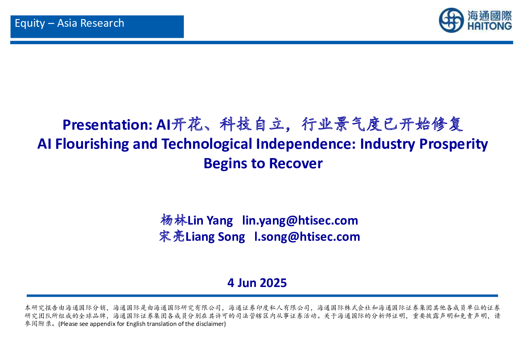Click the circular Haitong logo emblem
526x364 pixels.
[x=451, y=20]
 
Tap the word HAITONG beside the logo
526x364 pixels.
[x=490, y=26]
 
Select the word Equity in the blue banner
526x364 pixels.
[x=30, y=24]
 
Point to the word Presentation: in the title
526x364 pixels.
[x=108, y=125]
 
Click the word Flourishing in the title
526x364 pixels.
[x=92, y=144]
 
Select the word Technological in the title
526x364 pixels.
[x=207, y=144]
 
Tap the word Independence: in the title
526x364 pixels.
[x=306, y=144]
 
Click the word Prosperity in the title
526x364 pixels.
[x=454, y=144]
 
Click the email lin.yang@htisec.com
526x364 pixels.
[x=300, y=221]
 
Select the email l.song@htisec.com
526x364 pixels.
[x=307, y=237]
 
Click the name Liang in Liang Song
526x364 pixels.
[x=200, y=237]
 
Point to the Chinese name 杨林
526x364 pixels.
[x=174, y=220]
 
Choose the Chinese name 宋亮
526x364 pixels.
[x=172, y=236]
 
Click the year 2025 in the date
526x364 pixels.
[x=273, y=283]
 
